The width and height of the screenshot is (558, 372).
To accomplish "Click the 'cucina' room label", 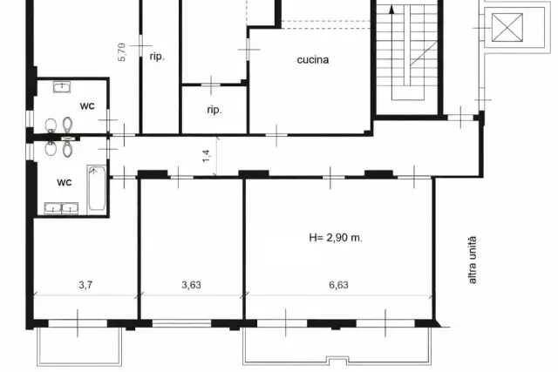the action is click(x=312, y=60).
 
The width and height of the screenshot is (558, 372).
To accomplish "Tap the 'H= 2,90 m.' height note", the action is click(x=336, y=238).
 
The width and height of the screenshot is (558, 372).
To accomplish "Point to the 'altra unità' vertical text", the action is click(x=473, y=260).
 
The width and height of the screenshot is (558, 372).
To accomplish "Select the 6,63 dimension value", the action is click(x=338, y=285).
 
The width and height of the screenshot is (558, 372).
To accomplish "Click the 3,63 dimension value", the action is click(x=191, y=285).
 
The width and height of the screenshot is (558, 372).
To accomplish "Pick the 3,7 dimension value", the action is click(x=85, y=285).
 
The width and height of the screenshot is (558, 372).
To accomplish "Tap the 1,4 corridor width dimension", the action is click(x=207, y=157).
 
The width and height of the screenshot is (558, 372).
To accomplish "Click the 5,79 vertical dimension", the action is click(x=122, y=52).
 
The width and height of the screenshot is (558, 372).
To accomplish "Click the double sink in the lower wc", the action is click(x=61, y=208).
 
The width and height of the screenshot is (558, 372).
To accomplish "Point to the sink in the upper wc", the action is click(x=62, y=87).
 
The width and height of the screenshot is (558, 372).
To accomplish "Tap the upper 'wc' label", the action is click(x=87, y=105).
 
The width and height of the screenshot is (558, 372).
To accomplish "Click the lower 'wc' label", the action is click(x=65, y=182).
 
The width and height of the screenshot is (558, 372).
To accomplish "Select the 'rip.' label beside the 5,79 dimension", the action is click(x=157, y=56).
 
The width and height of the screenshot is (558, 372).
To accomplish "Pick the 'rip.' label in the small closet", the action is click(x=214, y=110).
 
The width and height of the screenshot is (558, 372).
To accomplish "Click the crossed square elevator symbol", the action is click(x=507, y=27).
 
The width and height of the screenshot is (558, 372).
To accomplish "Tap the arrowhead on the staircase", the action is click(x=391, y=10).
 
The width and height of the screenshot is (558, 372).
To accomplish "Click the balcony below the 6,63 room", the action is click(x=337, y=346).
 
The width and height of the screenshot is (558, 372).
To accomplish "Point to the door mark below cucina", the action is click(x=276, y=135).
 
